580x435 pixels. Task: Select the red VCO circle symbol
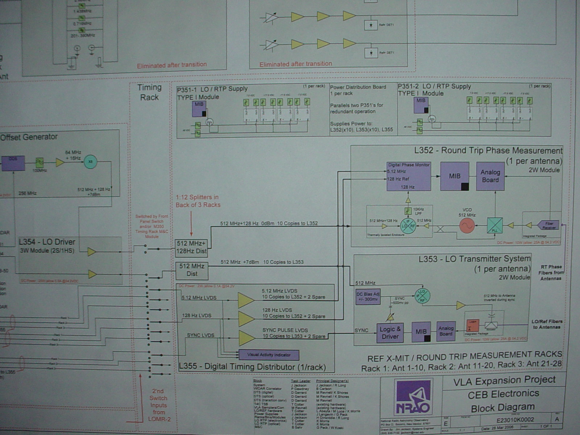(x=467, y=226)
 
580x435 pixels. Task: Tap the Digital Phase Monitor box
(x=409, y=176)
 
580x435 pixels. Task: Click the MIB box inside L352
(x=455, y=176)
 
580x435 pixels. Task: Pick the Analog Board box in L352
(x=490, y=176)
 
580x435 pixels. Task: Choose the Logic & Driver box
(x=390, y=333)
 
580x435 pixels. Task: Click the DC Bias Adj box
(x=368, y=297)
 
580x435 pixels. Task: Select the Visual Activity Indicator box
(x=269, y=355)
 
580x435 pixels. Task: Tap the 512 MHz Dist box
(x=192, y=270)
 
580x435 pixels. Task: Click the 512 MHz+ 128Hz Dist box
(x=191, y=248)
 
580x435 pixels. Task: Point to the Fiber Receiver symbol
(x=549, y=225)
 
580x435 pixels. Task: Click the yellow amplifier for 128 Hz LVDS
(x=246, y=319)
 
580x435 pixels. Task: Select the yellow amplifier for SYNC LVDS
(x=246, y=338)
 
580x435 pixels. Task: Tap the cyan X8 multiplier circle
(x=90, y=162)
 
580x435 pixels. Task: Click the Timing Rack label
(x=149, y=92)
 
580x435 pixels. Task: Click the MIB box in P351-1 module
(x=199, y=109)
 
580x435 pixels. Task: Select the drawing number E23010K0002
(x=515, y=420)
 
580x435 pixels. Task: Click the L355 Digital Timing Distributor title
(x=252, y=366)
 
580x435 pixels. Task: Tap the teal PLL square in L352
(x=494, y=225)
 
